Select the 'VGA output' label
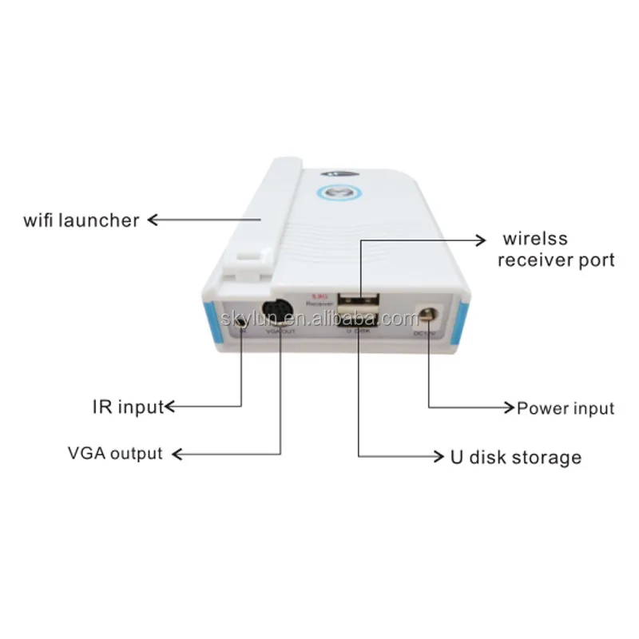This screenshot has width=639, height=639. (x=115, y=454)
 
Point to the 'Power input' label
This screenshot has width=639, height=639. (x=566, y=409)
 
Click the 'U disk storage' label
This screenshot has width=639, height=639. (x=512, y=458)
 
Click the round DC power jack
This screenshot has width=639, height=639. (x=428, y=315)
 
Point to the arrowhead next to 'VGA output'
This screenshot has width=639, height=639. (x=179, y=454)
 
